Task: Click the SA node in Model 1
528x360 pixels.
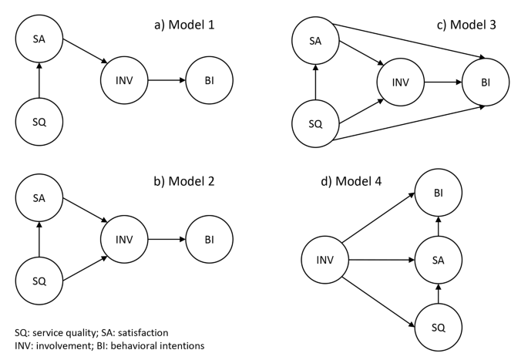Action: coord(39,39)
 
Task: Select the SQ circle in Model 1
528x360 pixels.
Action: coord(39,120)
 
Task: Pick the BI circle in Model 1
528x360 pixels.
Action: coord(209,79)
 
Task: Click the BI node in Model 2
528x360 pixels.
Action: coord(209,240)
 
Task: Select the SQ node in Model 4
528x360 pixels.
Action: coord(438,328)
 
